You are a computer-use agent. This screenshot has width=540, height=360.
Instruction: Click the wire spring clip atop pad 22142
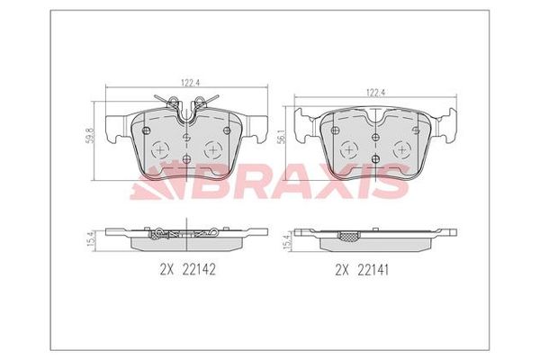point(187,108)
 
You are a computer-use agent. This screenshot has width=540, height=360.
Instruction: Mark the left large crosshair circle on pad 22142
point(159,149)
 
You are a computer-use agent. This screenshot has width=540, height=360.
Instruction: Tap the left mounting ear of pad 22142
point(115,130)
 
